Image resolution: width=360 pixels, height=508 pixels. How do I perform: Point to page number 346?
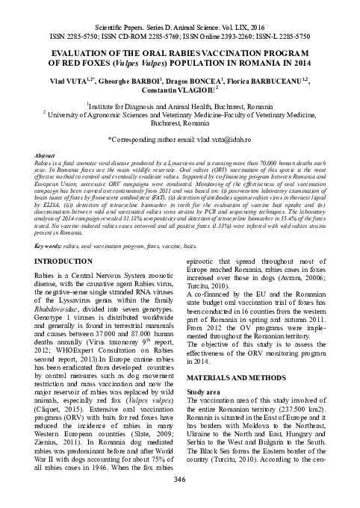click(179, 479)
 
